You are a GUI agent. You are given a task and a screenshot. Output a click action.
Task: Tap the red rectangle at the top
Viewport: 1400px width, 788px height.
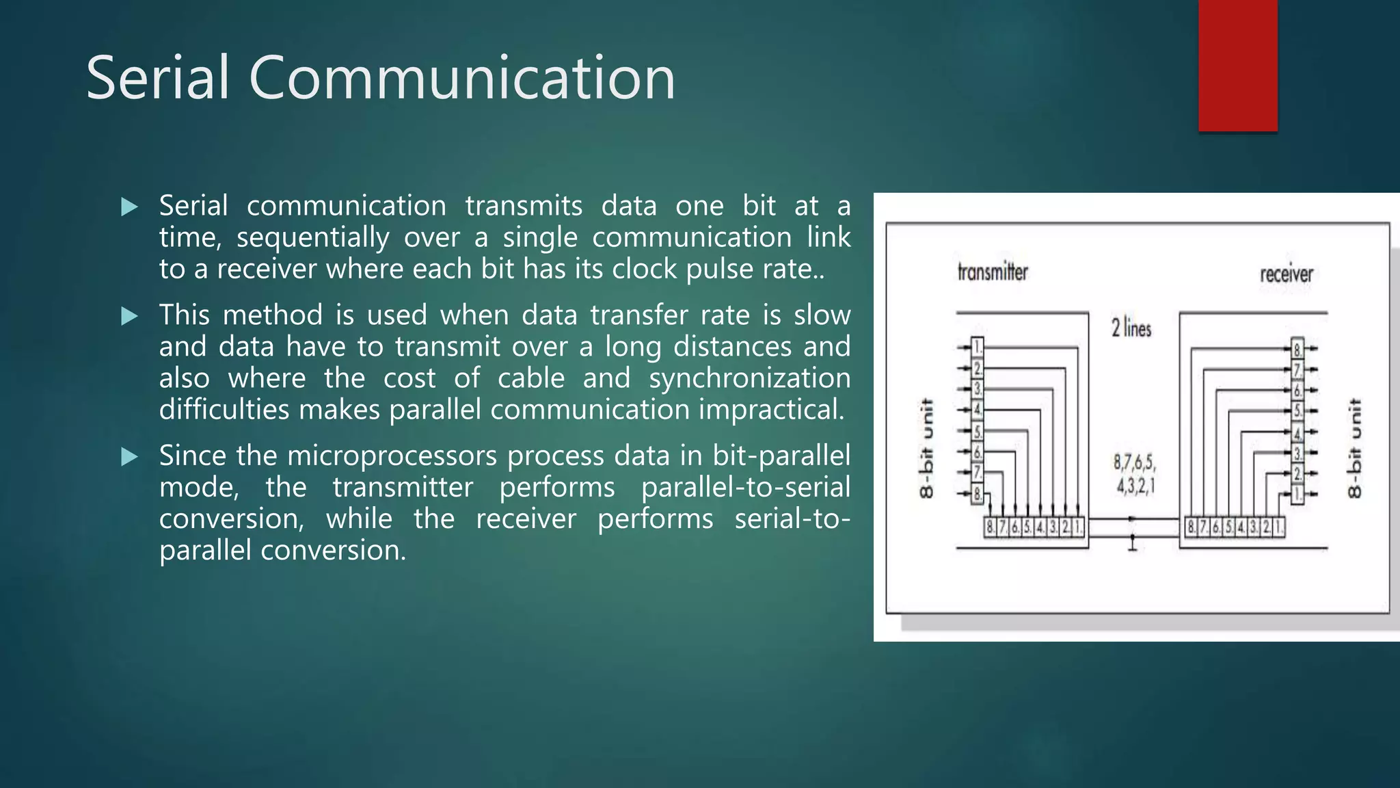tap(1237, 66)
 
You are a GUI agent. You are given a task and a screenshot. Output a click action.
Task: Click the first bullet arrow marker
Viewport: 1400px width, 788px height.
tap(129, 207)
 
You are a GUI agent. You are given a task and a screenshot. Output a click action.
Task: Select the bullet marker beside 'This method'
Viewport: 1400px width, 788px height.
tap(129, 316)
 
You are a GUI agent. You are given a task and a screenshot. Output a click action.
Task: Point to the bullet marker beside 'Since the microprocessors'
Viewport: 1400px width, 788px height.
tap(129, 457)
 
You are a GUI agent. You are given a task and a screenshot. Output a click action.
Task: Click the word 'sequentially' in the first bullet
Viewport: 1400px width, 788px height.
tap(312, 238)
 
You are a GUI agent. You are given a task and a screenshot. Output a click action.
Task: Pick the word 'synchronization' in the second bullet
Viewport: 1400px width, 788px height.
tap(749, 378)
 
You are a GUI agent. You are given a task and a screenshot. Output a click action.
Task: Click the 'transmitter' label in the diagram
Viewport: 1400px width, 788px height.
tap(993, 272)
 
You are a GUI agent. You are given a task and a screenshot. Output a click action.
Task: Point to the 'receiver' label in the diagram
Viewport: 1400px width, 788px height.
tap(1287, 274)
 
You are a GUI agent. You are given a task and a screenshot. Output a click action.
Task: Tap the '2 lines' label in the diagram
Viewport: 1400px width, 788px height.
tap(1131, 328)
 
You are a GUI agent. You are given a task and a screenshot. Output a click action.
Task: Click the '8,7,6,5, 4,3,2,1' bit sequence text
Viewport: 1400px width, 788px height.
tap(1135, 474)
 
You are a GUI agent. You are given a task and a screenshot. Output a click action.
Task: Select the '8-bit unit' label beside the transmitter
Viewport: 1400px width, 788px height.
tap(926, 448)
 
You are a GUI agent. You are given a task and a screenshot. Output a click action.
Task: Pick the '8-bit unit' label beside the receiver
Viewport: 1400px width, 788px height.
tap(1354, 448)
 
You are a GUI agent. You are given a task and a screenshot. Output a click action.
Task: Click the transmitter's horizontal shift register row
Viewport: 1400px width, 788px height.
tap(1034, 527)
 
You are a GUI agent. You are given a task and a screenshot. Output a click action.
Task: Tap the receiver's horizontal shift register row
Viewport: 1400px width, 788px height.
tap(1235, 527)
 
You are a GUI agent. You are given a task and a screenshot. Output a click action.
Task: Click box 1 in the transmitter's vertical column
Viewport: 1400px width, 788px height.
tap(978, 347)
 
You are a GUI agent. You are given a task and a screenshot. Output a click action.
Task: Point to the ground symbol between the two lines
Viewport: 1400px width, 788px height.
tap(1132, 544)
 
